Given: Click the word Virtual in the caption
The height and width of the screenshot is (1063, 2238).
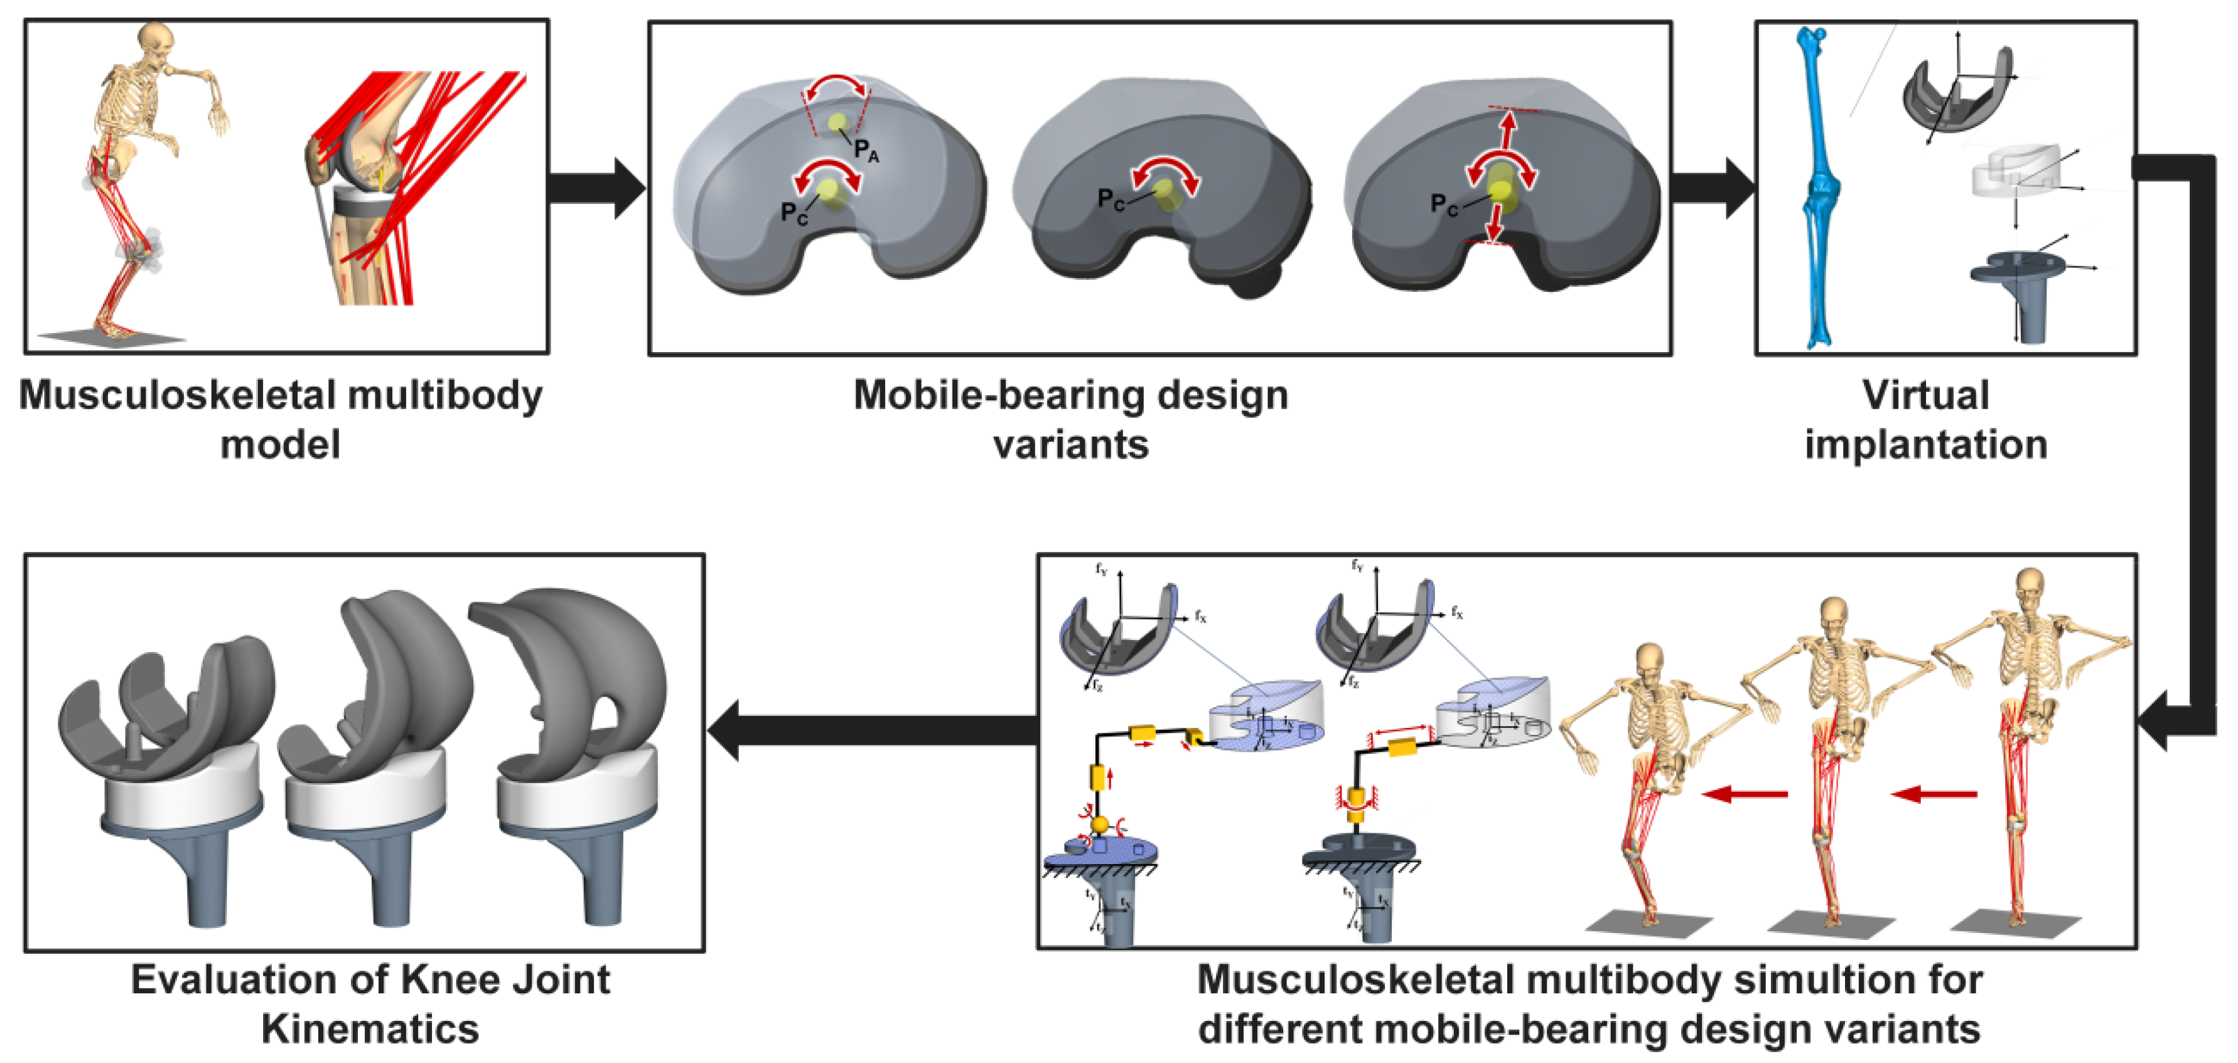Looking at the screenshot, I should pyautogui.click(x=1925, y=395).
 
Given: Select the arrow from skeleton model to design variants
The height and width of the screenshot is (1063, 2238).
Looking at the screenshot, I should pyautogui.click(x=597, y=187).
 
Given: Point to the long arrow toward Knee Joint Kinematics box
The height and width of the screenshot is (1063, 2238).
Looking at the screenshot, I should pyautogui.click(x=873, y=730).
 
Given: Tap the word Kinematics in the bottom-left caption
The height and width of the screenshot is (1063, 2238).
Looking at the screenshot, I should pyautogui.click(x=370, y=1030).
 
